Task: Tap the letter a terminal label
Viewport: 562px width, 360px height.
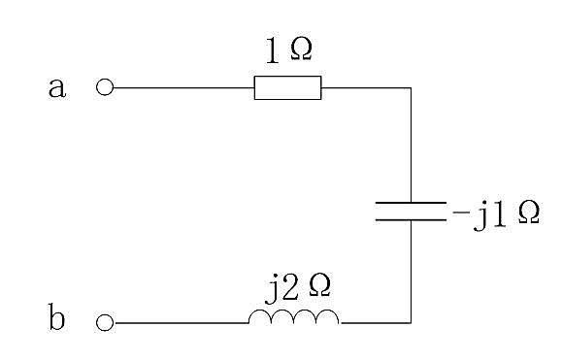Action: coord(57,88)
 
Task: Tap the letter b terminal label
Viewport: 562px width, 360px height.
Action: coord(56,316)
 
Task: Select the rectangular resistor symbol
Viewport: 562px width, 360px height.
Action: coord(288,87)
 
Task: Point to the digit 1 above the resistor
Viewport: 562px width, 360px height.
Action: coord(273,50)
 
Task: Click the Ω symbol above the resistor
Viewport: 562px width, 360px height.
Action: coord(301,49)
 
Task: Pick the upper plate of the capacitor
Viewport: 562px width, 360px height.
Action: coord(411,203)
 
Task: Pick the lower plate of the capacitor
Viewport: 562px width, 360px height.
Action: coord(411,219)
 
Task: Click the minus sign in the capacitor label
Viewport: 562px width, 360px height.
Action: coord(461,213)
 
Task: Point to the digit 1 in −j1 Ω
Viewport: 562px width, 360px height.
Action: coord(499,214)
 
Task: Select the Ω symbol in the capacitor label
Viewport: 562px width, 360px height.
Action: coord(528,213)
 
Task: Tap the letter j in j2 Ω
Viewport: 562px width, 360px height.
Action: coord(273,289)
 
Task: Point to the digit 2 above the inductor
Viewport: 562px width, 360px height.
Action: coord(290,287)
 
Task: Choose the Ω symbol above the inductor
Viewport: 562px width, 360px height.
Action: coord(319,285)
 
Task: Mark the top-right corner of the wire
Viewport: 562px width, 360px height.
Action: coord(411,87)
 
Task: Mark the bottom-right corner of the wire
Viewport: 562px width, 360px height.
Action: coord(411,323)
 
